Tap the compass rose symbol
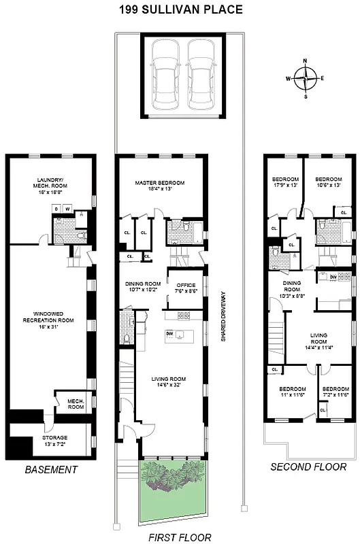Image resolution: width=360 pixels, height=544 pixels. [305, 78]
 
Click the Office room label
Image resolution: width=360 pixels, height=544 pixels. [186, 288]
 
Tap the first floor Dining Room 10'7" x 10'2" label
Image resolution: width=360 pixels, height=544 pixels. [143, 286]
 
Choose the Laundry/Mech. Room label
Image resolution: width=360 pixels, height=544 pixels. [52, 186]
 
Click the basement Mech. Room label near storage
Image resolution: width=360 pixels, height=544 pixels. [75, 405]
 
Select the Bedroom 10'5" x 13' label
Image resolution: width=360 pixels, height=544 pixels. [327, 182]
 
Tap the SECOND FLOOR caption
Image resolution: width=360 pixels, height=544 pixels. [308, 466]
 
